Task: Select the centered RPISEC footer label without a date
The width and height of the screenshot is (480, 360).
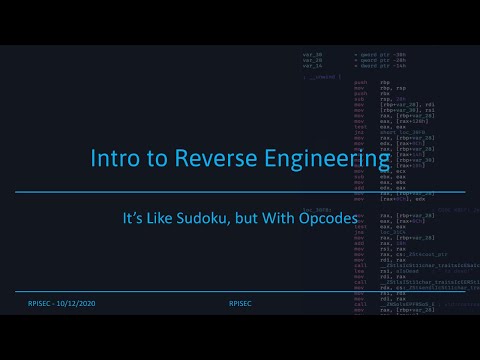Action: click(240, 300)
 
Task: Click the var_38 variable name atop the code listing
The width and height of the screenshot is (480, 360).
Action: click(312, 53)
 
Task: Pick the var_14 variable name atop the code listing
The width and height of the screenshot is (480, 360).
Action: click(312, 65)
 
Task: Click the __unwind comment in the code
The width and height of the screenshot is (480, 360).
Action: click(322, 76)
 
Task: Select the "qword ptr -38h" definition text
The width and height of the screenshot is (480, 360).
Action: click(381, 53)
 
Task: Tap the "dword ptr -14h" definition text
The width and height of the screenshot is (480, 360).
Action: click(381, 65)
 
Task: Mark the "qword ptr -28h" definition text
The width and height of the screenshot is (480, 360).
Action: click(381, 59)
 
